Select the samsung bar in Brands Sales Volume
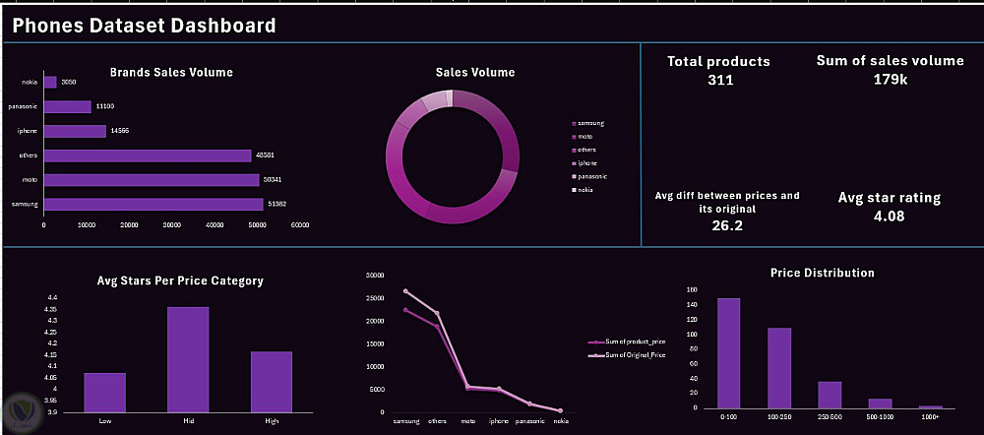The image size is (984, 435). click(154, 204)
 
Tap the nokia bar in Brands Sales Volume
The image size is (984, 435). click(50, 83)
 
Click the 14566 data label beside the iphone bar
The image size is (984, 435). click(120, 131)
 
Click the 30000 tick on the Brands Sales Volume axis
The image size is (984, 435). click(171, 225)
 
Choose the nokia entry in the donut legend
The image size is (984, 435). click(584, 189)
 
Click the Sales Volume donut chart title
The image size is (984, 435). click(474, 72)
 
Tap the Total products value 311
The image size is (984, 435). click(719, 80)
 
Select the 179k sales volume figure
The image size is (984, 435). click(890, 79)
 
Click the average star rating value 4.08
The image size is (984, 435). click(889, 216)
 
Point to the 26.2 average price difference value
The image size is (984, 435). click(726, 225)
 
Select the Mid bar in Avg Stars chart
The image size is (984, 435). click(188, 359)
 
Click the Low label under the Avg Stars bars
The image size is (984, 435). click(104, 420)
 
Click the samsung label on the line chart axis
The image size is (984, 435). click(405, 420)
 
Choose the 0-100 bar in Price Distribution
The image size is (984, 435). click(728, 352)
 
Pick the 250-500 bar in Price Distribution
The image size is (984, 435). click(830, 395)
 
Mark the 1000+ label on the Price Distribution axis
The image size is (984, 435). click(931, 416)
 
